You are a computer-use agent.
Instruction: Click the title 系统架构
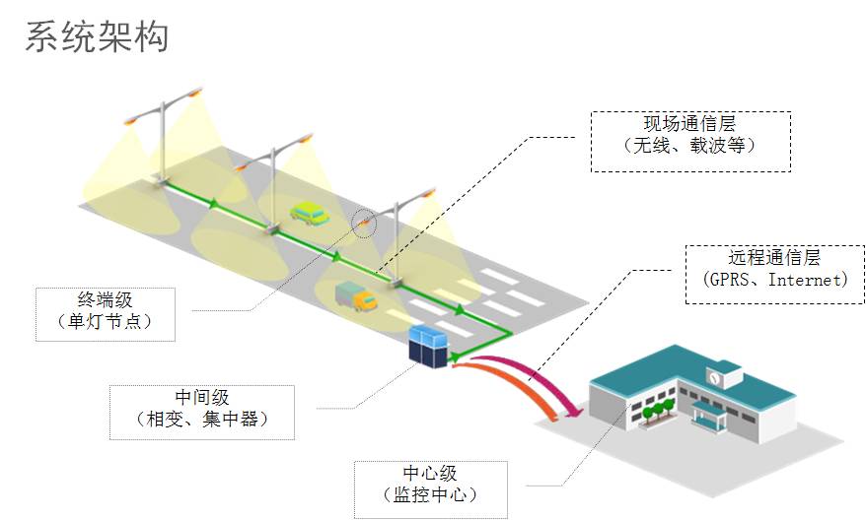click(x=97, y=36)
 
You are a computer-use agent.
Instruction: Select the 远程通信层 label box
click(x=774, y=269)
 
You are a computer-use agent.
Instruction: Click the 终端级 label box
click(x=106, y=311)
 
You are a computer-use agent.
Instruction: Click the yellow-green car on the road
click(x=310, y=212)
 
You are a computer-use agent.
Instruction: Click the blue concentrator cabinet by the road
click(x=429, y=346)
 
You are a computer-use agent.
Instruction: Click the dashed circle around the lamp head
click(x=365, y=223)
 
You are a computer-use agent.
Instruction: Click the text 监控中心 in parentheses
click(x=431, y=497)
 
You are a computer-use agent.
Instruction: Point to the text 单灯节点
click(x=106, y=323)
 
